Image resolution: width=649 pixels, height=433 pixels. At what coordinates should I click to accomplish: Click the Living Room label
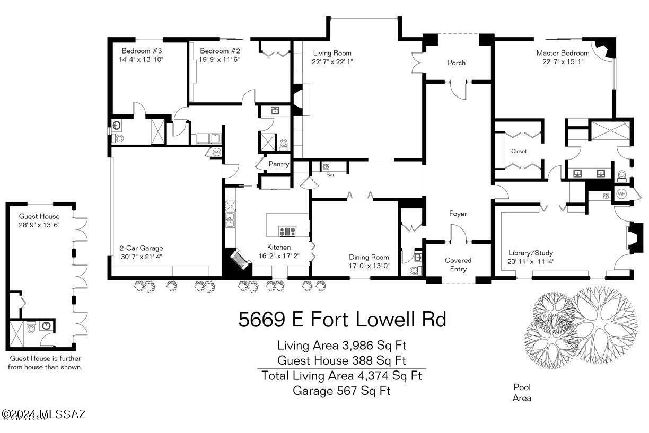click(x=332, y=53)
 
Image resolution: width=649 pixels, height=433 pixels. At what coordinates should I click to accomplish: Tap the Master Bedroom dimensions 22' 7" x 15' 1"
click(x=563, y=61)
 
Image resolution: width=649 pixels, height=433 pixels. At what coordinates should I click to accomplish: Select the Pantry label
click(x=279, y=164)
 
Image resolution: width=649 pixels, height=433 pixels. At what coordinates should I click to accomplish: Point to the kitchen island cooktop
click(x=287, y=231)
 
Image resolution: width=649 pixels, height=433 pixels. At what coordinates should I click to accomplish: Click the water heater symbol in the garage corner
click(x=216, y=152)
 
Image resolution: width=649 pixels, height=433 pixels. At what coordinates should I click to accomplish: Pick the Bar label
click(x=330, y=175)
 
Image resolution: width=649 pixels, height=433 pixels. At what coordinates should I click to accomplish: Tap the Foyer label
click(x=458, y=214)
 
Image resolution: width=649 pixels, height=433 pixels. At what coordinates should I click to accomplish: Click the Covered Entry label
click(x=458, y=264)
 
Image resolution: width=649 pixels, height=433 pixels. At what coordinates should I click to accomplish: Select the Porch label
click(x=457, y=63)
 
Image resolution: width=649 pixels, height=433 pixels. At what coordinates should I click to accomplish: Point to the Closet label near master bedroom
click(x=519, y=151)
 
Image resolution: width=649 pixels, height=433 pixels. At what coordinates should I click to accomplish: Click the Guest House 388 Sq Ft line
click(x=341, y=360)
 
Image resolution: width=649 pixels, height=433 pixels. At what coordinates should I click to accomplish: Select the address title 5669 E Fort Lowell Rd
click(x=342, y=319)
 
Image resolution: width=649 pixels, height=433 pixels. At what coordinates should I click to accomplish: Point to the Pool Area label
click(x=522, y=392)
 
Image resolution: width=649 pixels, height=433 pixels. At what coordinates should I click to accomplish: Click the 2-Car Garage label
click(x=141, y=248)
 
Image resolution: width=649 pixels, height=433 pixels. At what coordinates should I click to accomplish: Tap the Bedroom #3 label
click(x=142, y=51)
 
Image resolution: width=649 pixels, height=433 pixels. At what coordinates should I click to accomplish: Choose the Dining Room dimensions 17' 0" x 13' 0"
click(x=369, y=266)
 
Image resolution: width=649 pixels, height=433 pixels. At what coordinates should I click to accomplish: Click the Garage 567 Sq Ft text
click(x=341, y=391)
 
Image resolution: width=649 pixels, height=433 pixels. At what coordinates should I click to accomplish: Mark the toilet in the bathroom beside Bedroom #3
click(x=118, y=138)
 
